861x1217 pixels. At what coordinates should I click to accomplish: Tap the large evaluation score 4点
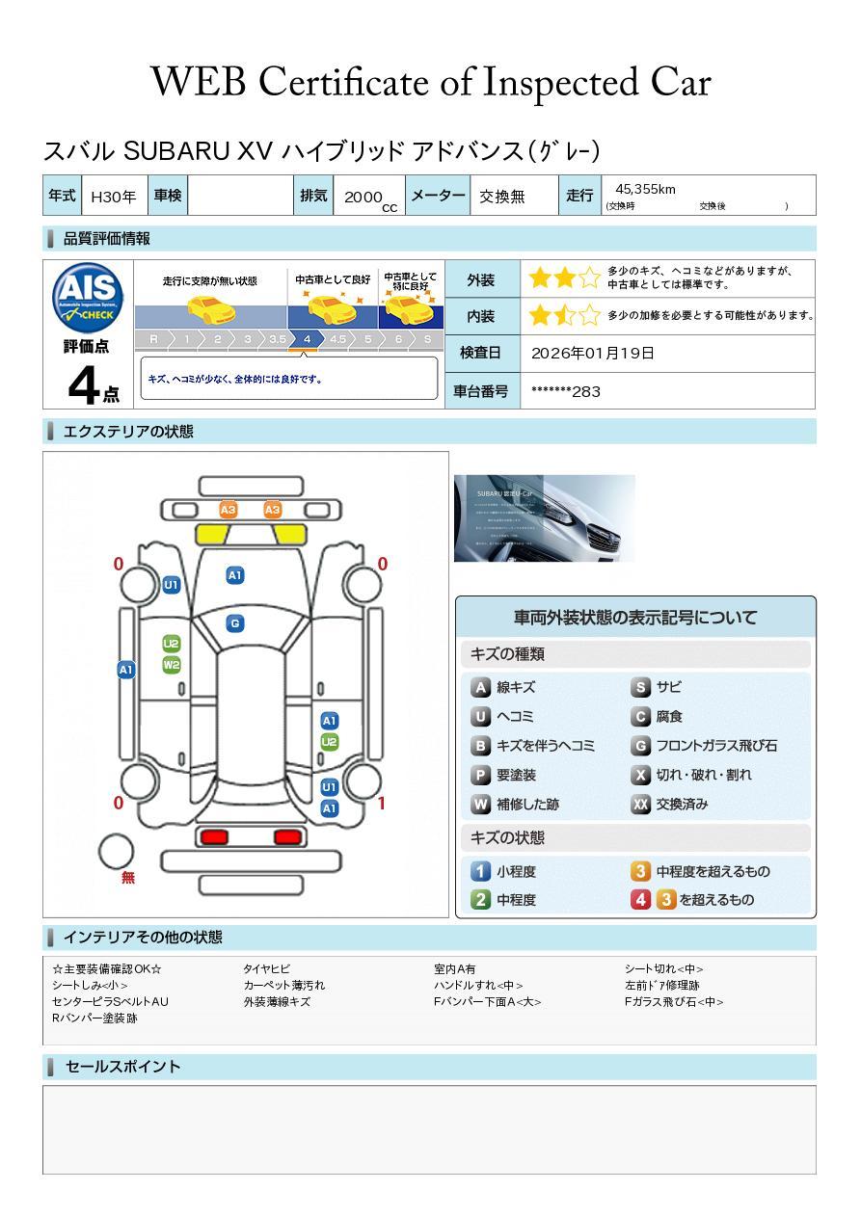(92, 385)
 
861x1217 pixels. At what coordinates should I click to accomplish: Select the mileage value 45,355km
(645, 189)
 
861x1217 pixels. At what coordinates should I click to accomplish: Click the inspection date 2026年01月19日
(593, 354)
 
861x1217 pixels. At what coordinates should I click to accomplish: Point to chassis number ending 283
(566, 391)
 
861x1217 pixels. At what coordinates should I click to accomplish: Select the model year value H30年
(113, 197)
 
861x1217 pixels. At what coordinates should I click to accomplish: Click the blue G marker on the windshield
(234, 623)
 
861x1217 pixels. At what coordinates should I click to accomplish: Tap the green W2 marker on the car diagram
(172, 665)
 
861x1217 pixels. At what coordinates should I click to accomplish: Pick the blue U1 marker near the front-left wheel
(171, 585)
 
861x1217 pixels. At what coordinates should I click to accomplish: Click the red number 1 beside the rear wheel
(382, 803)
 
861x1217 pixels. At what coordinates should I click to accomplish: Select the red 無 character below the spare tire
(128, 878)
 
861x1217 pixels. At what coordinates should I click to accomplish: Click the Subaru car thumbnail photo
(544, 518)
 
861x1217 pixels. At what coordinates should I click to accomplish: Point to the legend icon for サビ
(640, 688)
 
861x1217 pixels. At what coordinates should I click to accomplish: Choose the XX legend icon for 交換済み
(640, 805)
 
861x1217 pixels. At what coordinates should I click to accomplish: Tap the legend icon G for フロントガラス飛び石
(640, 746)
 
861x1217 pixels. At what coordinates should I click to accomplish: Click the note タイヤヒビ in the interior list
(266, 969)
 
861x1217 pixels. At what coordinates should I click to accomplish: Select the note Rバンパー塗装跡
(94, 1019)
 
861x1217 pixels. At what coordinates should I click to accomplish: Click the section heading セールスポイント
(122, 1067)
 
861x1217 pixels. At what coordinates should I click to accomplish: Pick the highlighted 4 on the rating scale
(307, 339)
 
